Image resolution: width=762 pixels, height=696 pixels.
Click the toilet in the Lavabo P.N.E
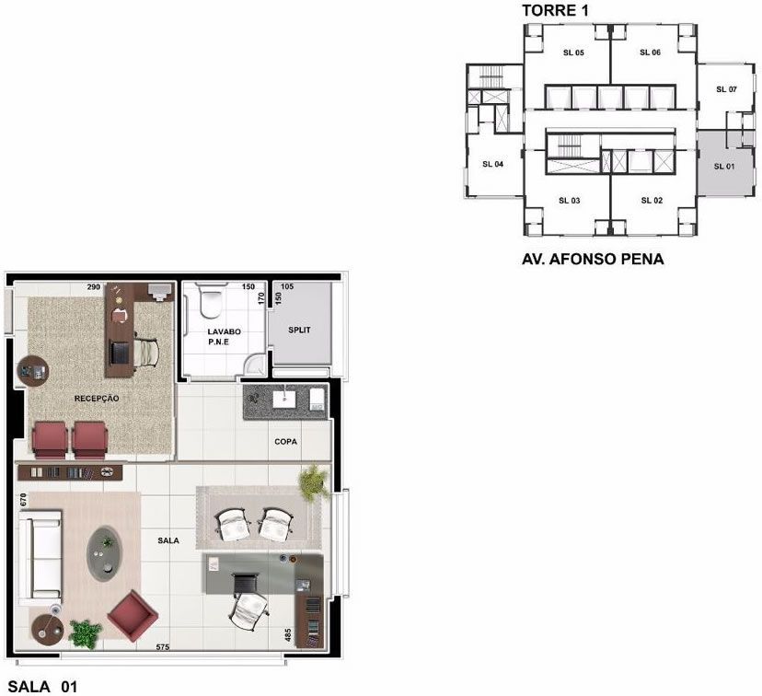(x=211, y=299)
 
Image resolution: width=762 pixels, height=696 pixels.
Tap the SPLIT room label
(x=299, y=330)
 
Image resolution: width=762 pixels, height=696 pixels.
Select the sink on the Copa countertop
(x=284, y=400)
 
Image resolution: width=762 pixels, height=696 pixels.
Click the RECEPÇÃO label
(x=97, y=399)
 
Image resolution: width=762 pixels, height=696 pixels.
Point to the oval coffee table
(x=104, y=553)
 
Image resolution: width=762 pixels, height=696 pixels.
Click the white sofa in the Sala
(x=40, y=554)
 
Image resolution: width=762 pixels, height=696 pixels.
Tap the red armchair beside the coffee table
(x=133, y=616)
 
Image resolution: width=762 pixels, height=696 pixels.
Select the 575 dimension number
(x=163, y=647)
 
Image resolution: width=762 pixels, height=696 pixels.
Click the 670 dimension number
(x=23, y=500)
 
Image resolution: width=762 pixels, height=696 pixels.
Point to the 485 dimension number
(x=288, y=634)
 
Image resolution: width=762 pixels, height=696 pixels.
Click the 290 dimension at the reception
(x=94, y=286)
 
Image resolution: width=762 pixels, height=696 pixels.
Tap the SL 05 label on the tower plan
(x=573, y=52)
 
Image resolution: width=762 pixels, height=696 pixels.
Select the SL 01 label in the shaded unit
(x=724, y=167)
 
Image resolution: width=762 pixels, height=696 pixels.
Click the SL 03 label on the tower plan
(x=569, y=201)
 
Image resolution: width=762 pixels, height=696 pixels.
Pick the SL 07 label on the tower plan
(x=726, y=89)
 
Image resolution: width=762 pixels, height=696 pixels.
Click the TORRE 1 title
(x=555, y=10)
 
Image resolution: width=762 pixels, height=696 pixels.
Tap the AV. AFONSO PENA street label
(x=593, y=259)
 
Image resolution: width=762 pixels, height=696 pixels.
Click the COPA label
(x=285, y=442)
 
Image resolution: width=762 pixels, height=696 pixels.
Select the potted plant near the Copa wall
(x=314, y=482)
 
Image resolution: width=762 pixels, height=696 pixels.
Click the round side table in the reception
(x=33, y=371)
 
